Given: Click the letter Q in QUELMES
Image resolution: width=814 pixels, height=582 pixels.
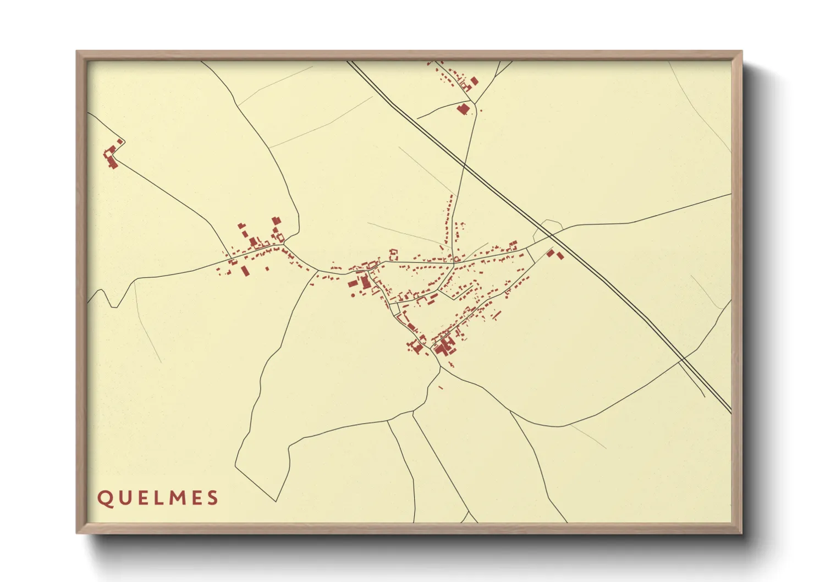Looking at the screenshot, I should pyautogui.click(x=103, y=498).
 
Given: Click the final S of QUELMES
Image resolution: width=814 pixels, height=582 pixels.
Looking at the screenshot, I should pyautogui.click(x=213, y=498).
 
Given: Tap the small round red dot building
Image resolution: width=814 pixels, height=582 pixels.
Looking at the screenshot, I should pyautogui.click(x=353, y=295).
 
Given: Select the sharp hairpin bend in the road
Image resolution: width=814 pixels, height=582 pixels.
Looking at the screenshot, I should pyautogui.click(x=122, y=142).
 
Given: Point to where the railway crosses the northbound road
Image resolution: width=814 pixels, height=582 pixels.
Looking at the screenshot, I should pyautogui.click(x=465, y=163).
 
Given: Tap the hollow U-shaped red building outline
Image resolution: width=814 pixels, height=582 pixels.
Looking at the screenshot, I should pyautogui.click(x=393, y=254).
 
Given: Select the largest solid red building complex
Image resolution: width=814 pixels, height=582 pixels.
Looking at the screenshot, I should pyautogui.click(x=443, y=347).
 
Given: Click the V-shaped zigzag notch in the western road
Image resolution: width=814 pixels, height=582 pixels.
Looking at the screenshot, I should pyautogui.click(x=114, y=304).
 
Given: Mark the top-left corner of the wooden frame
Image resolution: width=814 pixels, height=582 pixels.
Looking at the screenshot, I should pyautogui.click(x=78, y=52).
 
